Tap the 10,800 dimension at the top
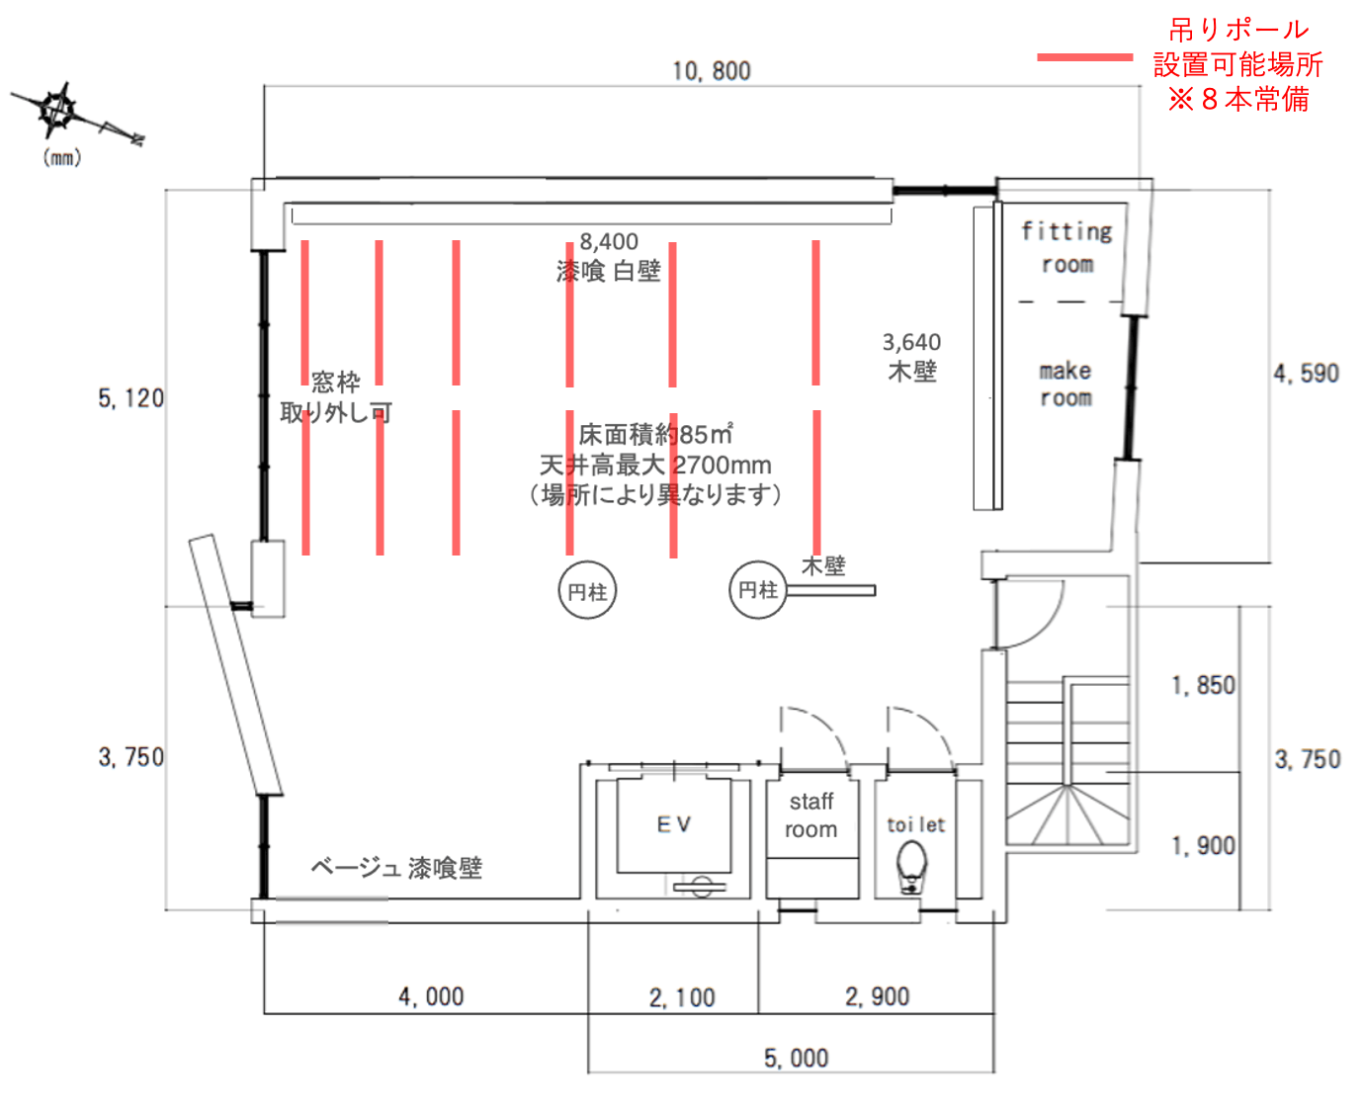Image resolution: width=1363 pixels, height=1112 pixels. pyautogui.click(x=711, y=71)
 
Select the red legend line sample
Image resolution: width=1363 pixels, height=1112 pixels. pyautogui.click(x=1084, y=57)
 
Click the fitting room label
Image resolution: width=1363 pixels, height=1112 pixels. pyautogui.click(x=1066, y=247)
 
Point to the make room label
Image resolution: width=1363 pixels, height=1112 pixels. pyautogui.click(x=1065, y=385)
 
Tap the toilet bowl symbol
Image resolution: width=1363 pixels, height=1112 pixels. pyautogui.click(x=911, y=867)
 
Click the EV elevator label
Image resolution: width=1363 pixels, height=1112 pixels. pyautogui.click(x=674, y=824)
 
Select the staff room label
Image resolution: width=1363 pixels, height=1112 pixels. pyautogui.click(x=810, y=815)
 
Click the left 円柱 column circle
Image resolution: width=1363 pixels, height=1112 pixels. pyautogui.click(x=587, y=592)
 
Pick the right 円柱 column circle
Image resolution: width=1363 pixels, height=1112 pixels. pyautogui.click(x=758, y=590)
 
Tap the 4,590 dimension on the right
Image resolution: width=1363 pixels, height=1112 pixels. pyautogui.click(x=1306, y=374)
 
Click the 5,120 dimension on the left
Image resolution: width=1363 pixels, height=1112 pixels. pyautogui.click(x=130, y=398)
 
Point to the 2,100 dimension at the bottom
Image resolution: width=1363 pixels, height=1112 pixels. pyautogui.click(x=682, y=998)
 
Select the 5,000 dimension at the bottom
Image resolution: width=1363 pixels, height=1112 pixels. pyautogui.click(x=796, y=1059)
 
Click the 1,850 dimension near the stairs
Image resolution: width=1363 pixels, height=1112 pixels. pyautogui.click(x=1203, y=685)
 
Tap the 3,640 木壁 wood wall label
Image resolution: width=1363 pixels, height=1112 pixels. pyautogui.click(x=911, y=357)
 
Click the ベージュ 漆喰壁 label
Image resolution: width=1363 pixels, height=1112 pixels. pyautogui.click(x=396, y=868)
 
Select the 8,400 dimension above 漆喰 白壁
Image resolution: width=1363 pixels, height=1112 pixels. pyautogui.click(x=609, y=242)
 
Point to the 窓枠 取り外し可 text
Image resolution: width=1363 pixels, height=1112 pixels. pyautogui.click(x=336, y=397)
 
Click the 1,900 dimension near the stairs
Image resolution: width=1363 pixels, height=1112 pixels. pyautogui.click(x=1203, y=846)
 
